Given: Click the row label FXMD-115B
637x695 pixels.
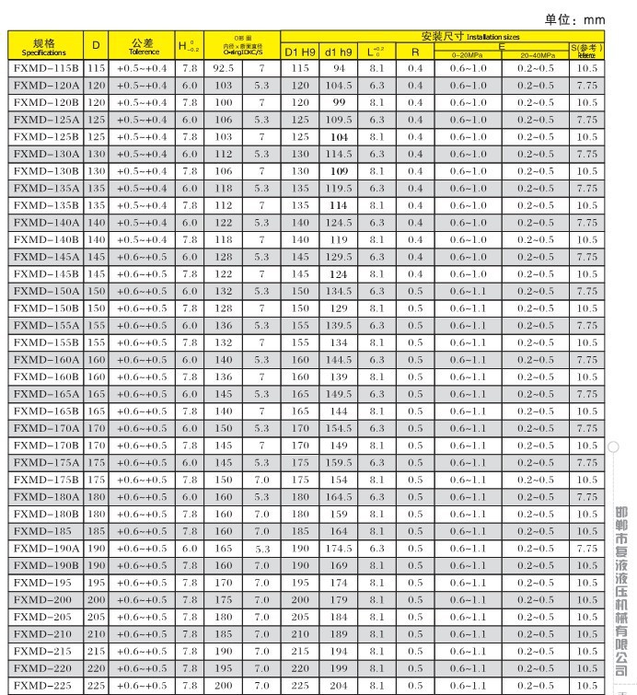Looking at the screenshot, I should [45, 68].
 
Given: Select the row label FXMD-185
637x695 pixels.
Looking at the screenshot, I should [45, 531].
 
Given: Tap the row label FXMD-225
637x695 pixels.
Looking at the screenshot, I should [45, 686].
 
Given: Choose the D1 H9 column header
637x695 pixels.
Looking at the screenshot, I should [299, 52].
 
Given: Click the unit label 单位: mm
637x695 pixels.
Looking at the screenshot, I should [575, 19].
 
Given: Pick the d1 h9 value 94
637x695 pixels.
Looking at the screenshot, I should [339, 68].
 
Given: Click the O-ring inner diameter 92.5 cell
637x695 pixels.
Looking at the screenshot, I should [224, 68].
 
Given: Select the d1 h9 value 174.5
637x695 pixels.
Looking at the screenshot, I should [339, 549].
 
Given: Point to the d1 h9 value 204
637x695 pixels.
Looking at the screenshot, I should [339, 686].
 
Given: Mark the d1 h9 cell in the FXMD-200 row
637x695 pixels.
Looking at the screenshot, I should [339, 600].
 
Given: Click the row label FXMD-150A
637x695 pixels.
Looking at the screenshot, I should [45, 291].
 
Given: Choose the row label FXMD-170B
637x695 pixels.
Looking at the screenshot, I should [45, 446].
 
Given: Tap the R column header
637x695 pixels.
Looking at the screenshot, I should [415, 52].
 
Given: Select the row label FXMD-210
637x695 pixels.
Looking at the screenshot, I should [45, 634].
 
